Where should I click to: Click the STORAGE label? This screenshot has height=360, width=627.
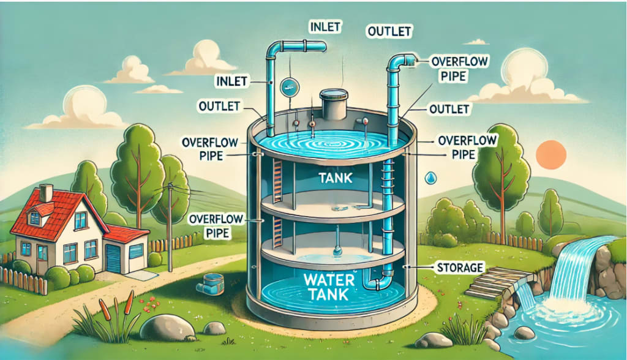[x=460, y=267]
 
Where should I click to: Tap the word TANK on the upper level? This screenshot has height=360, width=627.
[x=336, y=178]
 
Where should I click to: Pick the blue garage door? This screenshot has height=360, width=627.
[x=113, y=258]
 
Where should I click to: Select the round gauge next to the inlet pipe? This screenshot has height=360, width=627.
[x=289, y=87]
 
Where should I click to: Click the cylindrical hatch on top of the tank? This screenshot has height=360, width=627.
[x=334, y=104]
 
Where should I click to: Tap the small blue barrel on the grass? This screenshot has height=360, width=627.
[x=211, y=283]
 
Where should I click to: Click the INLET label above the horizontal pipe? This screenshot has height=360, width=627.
[x=325, y=27]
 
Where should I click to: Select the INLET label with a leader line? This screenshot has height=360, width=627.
[x=231, y=81]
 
